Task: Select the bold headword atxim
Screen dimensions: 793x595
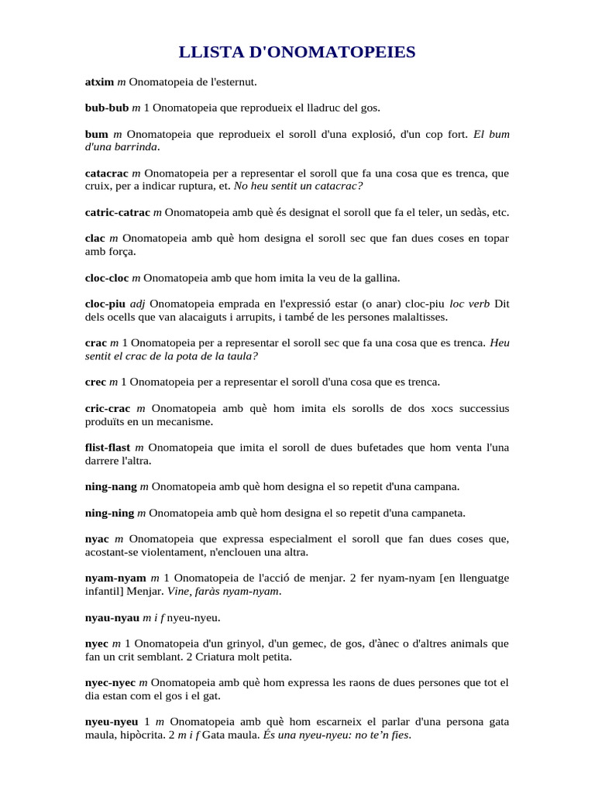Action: coord(99,81)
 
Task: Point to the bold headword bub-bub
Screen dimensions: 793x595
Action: coord(107,108)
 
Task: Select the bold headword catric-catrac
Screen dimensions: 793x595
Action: coord(118,212)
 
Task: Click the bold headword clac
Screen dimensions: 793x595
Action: coord(95,239)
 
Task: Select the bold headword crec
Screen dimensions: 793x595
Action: coord(95,382)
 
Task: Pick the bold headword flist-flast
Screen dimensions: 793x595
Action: coord(108,448)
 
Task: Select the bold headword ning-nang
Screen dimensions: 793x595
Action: coord(110,487)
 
